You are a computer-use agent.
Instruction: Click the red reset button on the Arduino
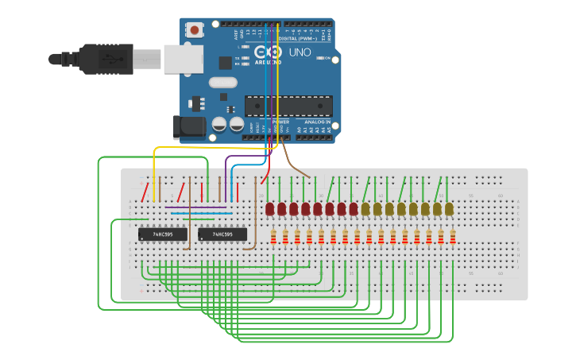(x=195, y=31)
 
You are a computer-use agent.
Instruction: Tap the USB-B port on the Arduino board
(x=183, y=59)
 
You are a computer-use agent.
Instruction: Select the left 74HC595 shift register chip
(x=162, y=234)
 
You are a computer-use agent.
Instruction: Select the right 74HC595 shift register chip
(x=222, y=234)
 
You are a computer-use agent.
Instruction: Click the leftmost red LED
(x=270, y=209)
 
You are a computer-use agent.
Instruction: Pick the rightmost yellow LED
(x=449, y=209)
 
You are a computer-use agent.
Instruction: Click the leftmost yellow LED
(x=365, y=209)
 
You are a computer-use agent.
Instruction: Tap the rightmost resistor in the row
(x=453, y=237)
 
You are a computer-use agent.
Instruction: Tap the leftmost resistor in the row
(x=274, y=237)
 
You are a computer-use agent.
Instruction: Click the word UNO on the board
(x=299, y=52)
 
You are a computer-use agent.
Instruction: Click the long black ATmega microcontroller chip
(x=288, y=105)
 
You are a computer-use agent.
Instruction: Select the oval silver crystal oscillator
(x=223, y=82)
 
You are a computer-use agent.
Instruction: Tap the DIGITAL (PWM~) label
(x=297, y=38)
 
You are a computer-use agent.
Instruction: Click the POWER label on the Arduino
(x=280, y=122)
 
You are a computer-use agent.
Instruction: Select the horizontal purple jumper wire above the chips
(x=195, y=208)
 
